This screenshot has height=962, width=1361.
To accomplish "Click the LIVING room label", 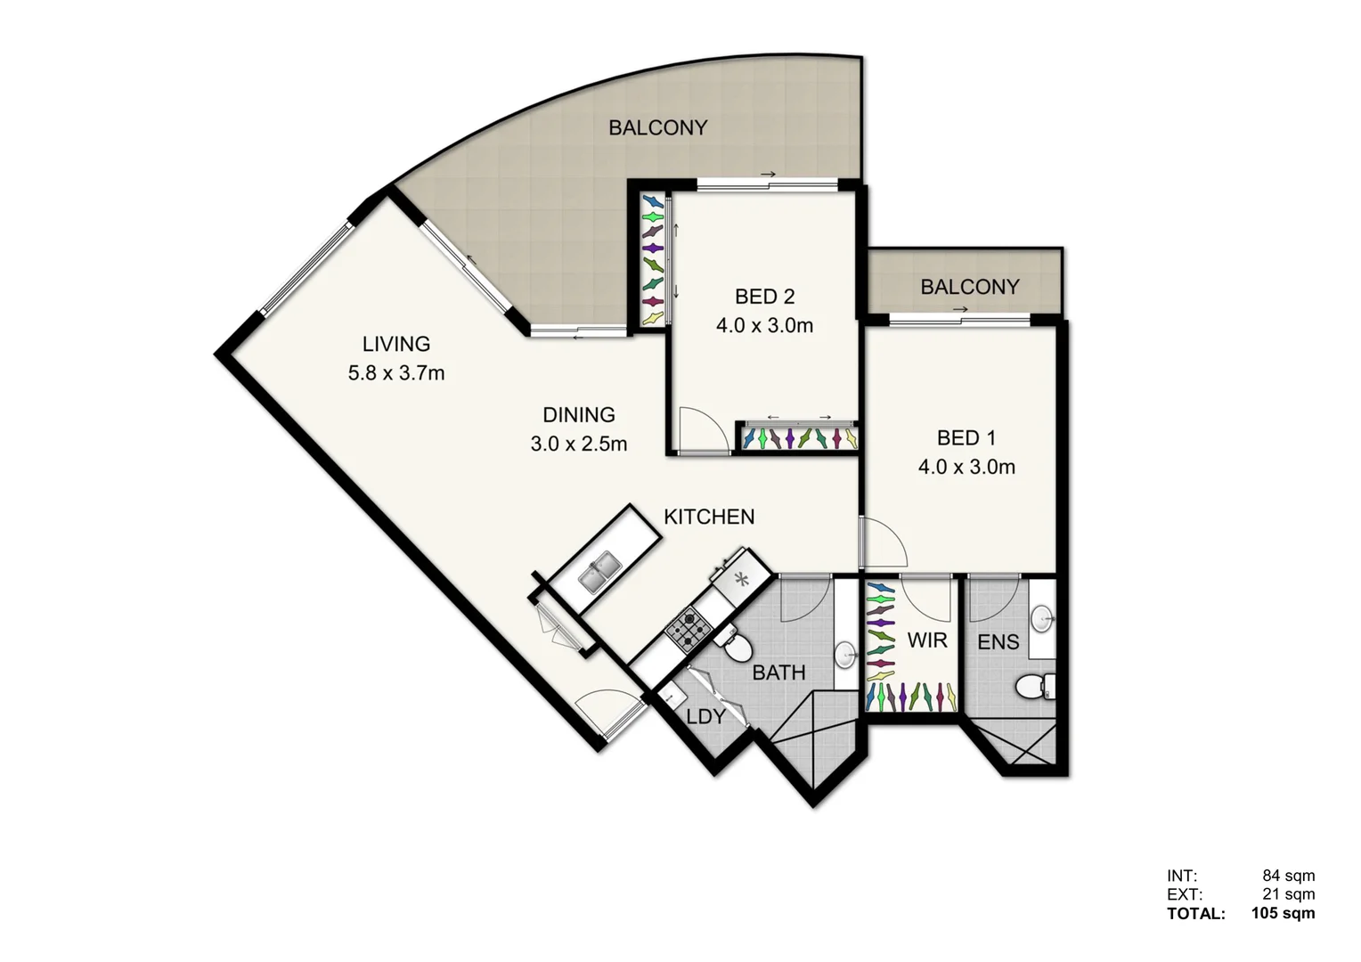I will [395, 344].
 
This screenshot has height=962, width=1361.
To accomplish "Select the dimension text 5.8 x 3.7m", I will [395, 373].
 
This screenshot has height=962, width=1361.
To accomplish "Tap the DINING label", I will [578, 414].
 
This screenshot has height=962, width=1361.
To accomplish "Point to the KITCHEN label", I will [709, 517].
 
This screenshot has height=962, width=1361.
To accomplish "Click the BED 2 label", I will [764, 297].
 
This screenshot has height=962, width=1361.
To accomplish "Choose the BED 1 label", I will [966, 438].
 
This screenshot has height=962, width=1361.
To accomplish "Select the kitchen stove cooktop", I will [689, 626].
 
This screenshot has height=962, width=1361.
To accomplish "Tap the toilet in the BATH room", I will [735, 646].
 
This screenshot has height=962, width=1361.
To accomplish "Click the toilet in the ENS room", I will [1033, 687].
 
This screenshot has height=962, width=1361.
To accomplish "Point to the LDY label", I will [705, 716].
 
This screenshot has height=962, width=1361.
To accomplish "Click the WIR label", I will [926, 640].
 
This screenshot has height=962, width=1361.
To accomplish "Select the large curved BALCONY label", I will [657, 128].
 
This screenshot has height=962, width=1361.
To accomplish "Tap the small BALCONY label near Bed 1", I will [969, 287].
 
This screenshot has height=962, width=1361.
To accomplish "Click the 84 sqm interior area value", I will [1288, 876].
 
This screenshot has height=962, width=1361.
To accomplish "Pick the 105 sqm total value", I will [1283, 913].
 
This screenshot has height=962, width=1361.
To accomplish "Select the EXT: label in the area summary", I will [1185, 894].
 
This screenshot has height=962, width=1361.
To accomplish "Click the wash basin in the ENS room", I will [1041, 617].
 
